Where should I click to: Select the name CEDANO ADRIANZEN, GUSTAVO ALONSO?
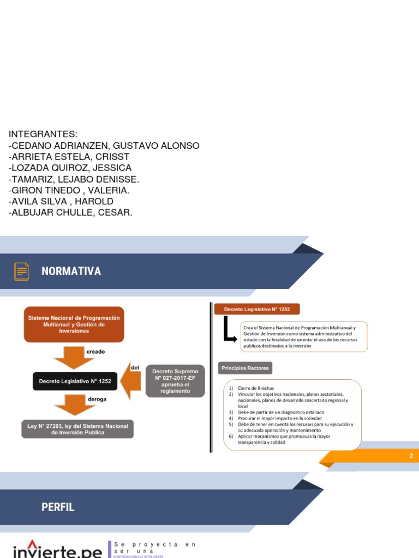point(104,146)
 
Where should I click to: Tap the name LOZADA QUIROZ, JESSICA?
point(70,168)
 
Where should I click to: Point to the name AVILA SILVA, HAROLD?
point(61,202)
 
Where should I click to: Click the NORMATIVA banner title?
point(71,271)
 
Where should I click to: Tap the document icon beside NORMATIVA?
point(22,271)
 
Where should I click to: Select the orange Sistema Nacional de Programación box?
point(74,324)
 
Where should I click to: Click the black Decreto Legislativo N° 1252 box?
point(75,381)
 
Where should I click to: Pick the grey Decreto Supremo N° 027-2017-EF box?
point(175,381)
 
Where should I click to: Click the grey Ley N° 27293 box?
point(78,429)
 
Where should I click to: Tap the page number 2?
point(411,456)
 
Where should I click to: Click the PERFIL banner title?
point(58,507)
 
